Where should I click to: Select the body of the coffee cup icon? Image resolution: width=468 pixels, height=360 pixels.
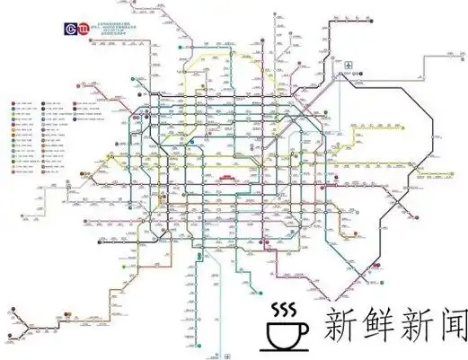click(285, 332)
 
